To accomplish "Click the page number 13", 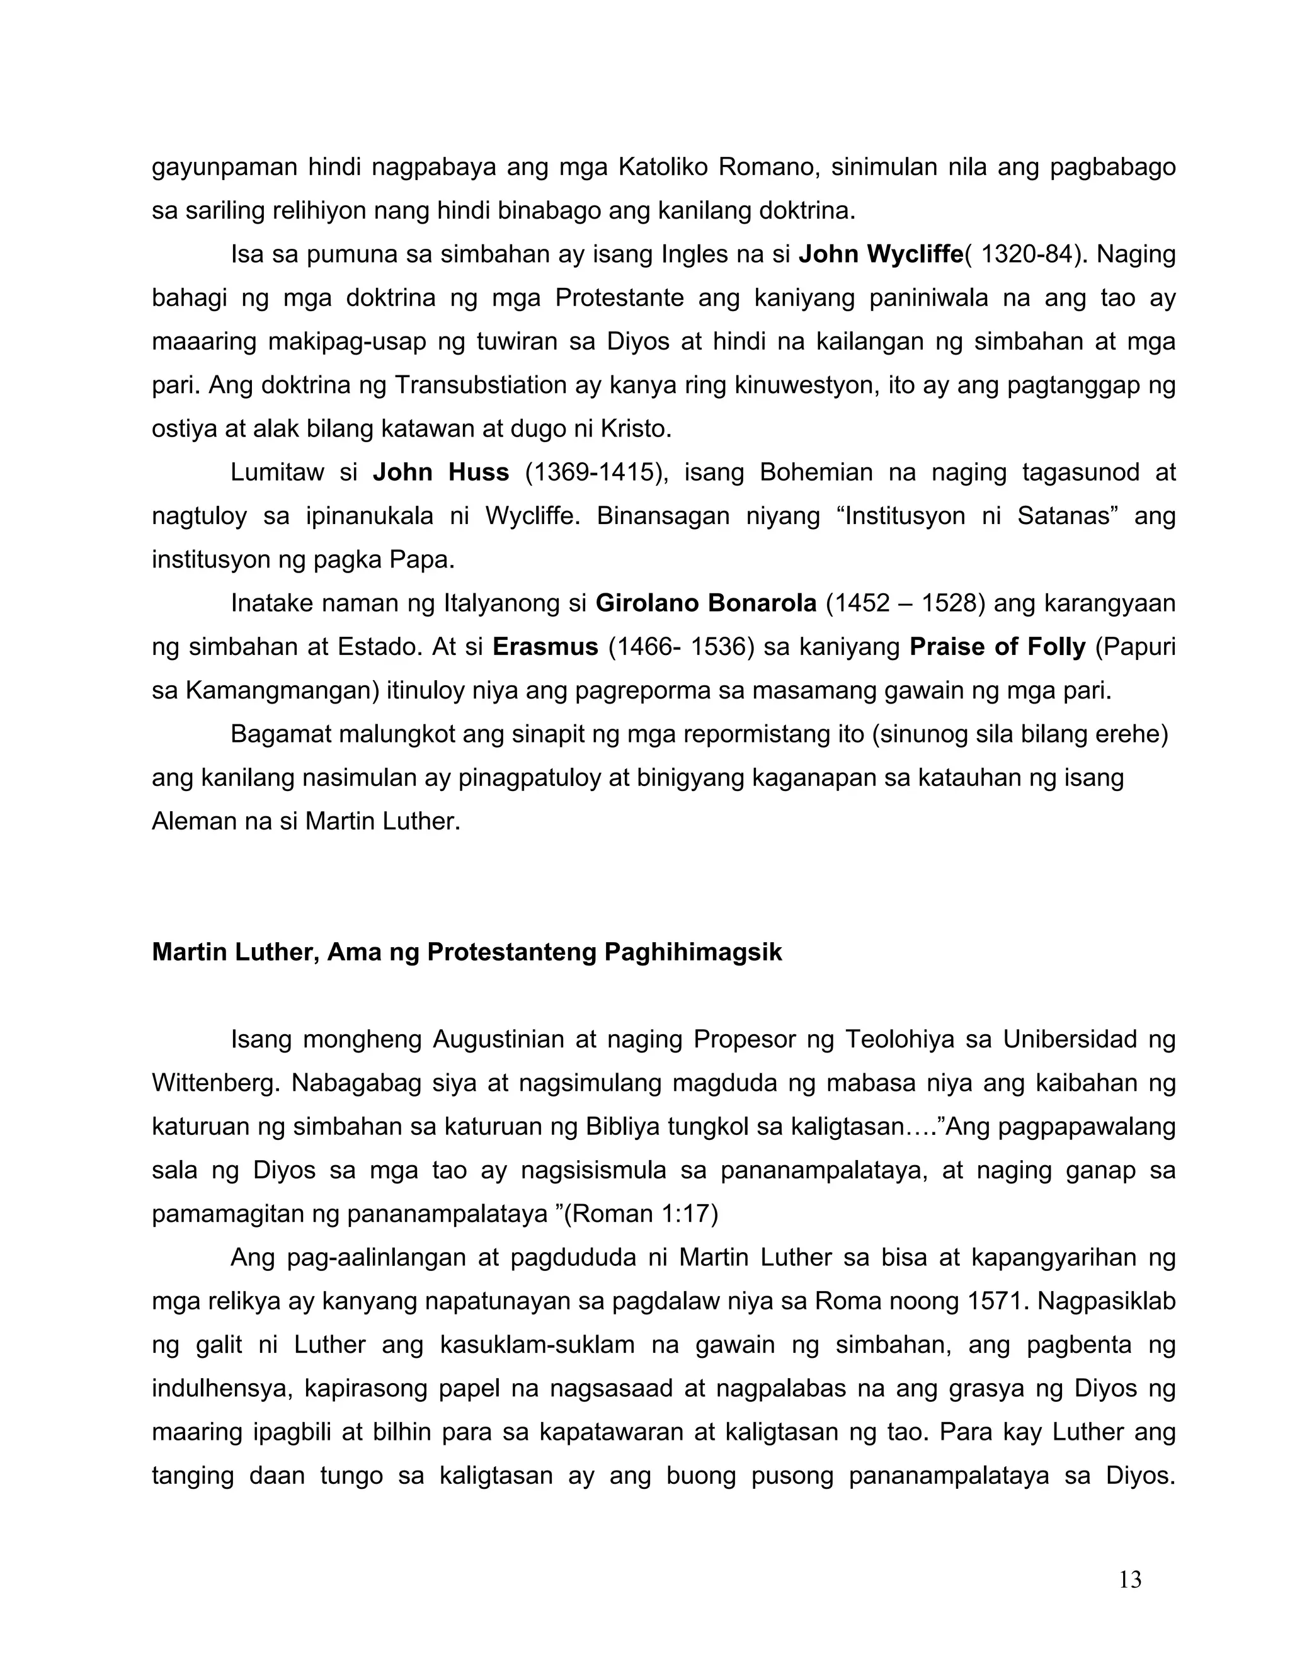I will (x=1129, y=1580).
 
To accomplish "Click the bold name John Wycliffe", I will (x=879, y=254).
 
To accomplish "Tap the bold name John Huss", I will (x=440, y=472).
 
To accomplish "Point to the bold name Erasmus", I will (x=545, y=647).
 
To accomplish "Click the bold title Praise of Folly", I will (x=996, y=647).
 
